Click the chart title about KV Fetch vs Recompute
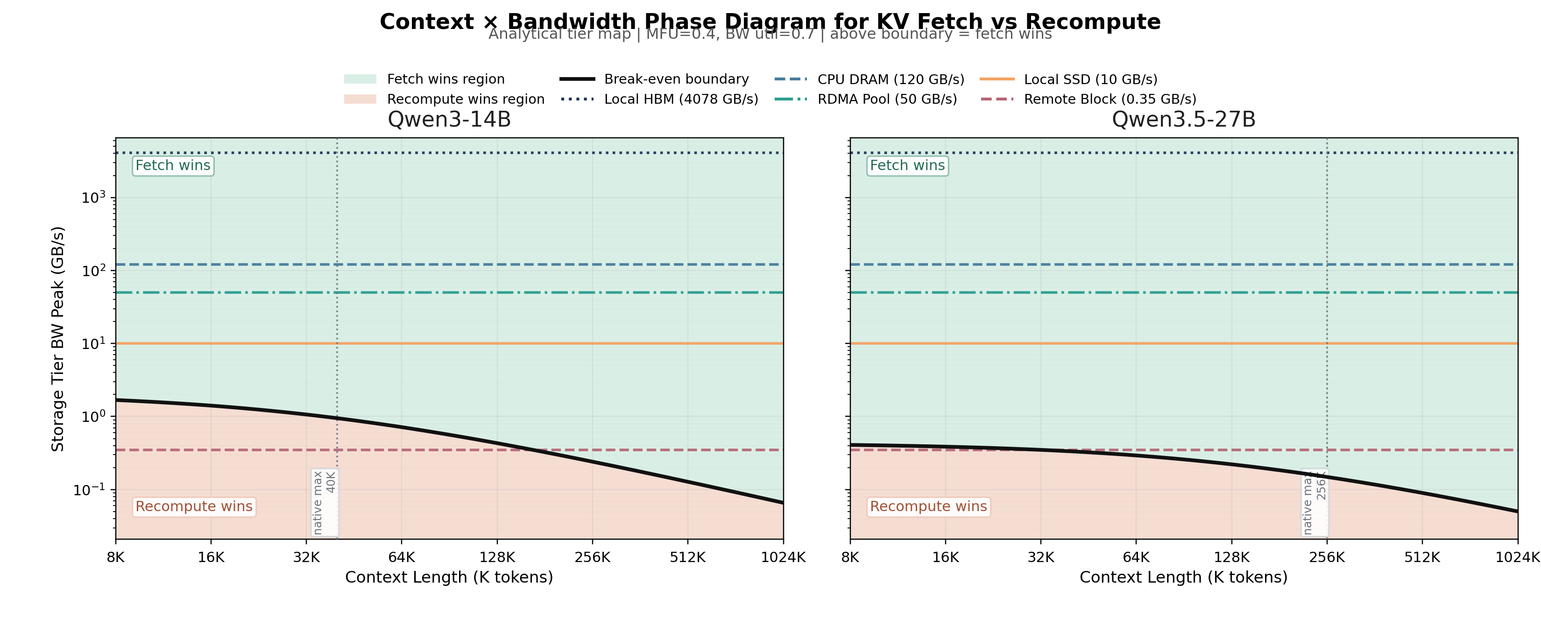tap(770, 21)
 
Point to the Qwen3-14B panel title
tap(449, 119)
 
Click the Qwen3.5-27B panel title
tap(1183, 119)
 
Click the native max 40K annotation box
tap(325, 503)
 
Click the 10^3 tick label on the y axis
tap(93, 198)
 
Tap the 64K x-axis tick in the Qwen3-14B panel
tap(402, 557)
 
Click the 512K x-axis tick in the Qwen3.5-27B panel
tap(1422, 557)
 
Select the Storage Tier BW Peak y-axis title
tap(57, 339)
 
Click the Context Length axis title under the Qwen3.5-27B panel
tap(1183, 577)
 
